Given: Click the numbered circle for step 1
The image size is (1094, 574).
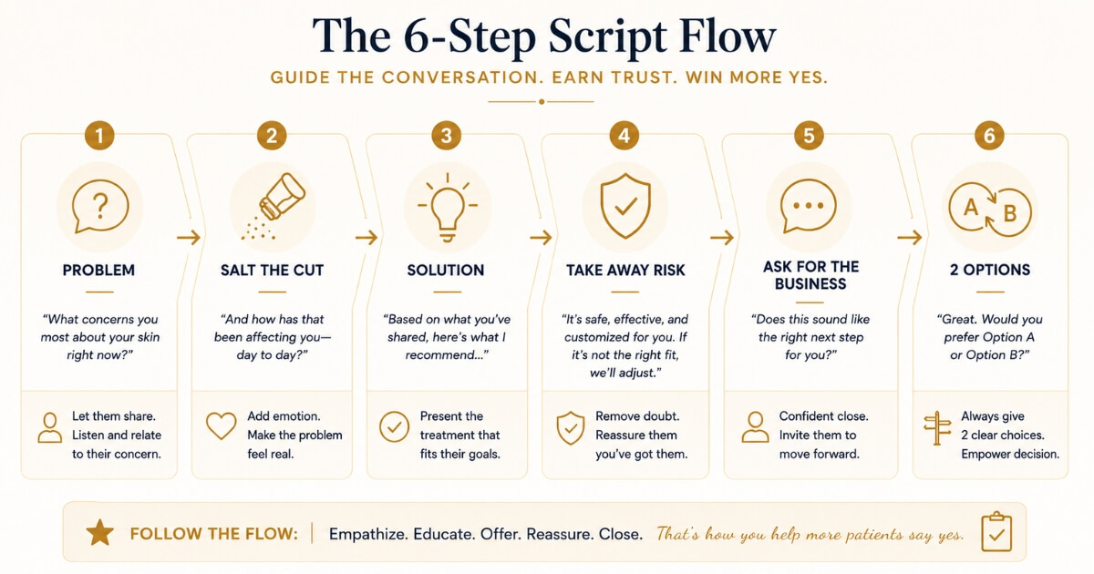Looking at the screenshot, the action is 99,135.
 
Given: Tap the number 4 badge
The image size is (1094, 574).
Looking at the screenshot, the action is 624,135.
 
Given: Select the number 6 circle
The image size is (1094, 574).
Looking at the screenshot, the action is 989,135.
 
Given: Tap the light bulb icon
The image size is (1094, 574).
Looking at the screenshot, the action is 448,208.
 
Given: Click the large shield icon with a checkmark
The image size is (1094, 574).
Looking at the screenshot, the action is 625,206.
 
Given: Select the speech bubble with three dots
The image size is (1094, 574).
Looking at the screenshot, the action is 809,206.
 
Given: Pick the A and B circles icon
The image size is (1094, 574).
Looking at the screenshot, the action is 990,210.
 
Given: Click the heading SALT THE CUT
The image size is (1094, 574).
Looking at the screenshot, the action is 272,270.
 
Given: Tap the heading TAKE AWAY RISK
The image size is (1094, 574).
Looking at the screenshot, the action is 625,270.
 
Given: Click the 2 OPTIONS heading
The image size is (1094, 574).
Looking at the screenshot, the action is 990,270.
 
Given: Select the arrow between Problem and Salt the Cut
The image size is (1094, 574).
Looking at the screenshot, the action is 189,238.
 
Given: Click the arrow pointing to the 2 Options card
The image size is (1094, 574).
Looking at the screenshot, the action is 910,238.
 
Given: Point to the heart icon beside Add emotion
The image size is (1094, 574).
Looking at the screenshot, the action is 222,425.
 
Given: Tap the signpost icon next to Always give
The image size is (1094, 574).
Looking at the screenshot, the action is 937,428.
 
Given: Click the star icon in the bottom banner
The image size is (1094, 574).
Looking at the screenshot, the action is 100,532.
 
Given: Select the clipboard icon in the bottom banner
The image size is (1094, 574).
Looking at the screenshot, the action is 996,531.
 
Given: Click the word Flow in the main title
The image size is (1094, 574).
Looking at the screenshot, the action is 728,36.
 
